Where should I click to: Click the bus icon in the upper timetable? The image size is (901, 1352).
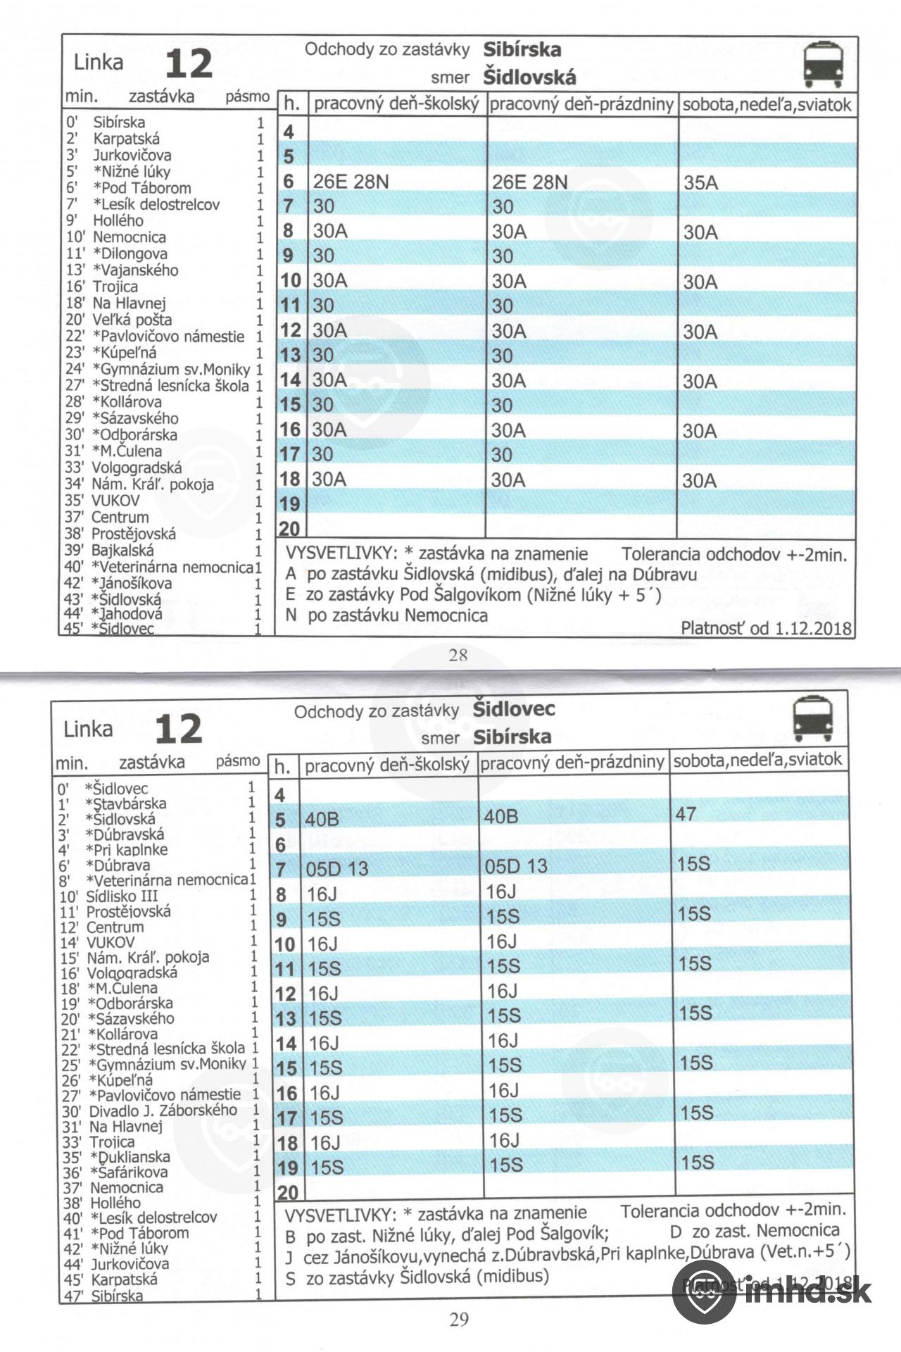824,64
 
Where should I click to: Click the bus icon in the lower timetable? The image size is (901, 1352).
813,719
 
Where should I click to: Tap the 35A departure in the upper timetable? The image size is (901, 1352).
700,183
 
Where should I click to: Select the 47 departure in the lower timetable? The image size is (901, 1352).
686,814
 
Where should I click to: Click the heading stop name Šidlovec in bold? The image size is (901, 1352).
514,709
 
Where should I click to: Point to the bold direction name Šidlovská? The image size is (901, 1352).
529,77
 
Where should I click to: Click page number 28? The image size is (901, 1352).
458,655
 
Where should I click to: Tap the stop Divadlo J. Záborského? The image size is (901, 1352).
163,1110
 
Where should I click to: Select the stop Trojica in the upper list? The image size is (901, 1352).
115,287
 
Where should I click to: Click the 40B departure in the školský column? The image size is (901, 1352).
322,820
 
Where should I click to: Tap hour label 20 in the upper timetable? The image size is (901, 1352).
289,528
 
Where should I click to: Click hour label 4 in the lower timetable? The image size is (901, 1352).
280,795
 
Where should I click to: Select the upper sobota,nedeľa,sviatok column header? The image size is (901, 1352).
767,105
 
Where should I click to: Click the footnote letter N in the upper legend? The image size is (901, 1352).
291,615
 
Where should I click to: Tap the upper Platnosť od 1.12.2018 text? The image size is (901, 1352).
766,627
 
